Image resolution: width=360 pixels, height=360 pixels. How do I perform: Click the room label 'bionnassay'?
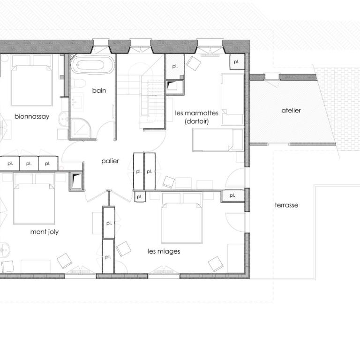[x=32, y=117]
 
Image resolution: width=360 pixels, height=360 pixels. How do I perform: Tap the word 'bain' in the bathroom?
[x=99, y=90]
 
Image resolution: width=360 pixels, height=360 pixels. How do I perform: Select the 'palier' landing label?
[x=110, y=161]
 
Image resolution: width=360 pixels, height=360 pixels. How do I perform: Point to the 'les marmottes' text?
[x=196, y=113]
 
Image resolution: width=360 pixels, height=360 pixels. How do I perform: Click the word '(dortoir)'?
[x=197, y=121]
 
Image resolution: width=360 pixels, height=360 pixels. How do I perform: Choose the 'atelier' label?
[x=291, y=111]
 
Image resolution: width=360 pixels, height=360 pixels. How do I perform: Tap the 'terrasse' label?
[x=286, y=205]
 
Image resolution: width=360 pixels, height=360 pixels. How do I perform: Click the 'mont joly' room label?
[x=45, y=232]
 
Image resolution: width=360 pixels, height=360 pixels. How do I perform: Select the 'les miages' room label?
[x=164, y=251]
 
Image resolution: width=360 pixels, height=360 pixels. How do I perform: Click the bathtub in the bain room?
[x=92, y=65]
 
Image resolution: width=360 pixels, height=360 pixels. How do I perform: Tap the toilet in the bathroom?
[x=78, y=83]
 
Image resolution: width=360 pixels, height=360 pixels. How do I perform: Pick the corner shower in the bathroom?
[x=80, y=128]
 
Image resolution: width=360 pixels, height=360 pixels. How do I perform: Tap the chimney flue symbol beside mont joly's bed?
[x=77, y=180]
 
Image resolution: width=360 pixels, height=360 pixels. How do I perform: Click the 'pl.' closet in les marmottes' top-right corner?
[x=237, y=62]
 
